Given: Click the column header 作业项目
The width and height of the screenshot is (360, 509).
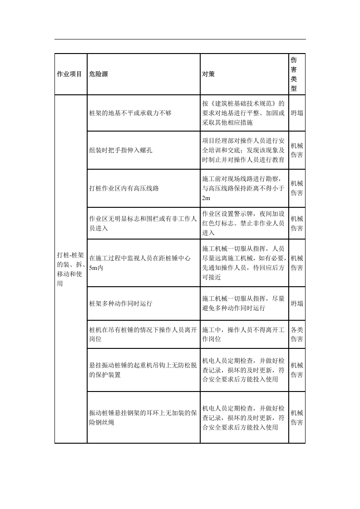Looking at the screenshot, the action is [x=69, y=74].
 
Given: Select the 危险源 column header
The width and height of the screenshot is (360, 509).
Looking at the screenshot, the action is [x=99, y=74].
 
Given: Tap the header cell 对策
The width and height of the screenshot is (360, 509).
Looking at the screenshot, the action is [x=208, y=74].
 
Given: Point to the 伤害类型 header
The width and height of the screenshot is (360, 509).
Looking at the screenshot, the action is [x=294, y=74].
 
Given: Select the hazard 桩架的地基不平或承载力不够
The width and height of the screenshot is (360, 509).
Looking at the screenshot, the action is [x=131, y=113].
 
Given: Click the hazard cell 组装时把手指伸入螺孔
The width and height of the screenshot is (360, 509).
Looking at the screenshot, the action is [x=121, y=150].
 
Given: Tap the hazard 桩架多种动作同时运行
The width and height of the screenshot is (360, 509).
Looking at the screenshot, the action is [x=121, y=303].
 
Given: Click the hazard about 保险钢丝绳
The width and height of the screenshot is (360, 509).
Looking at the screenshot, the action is [x=143, y=417].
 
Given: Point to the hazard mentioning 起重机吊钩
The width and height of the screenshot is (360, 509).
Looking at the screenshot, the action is [x=143, y=369].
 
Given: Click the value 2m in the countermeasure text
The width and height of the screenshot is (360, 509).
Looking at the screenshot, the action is [x=207, y=198].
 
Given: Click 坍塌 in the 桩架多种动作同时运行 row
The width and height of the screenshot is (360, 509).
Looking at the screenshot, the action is [x=297, y=303].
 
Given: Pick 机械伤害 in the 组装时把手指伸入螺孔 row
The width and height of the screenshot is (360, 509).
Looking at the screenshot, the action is [x=297, y=150].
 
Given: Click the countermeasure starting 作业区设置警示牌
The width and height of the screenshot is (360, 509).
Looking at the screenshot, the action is [x=243, y=223].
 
